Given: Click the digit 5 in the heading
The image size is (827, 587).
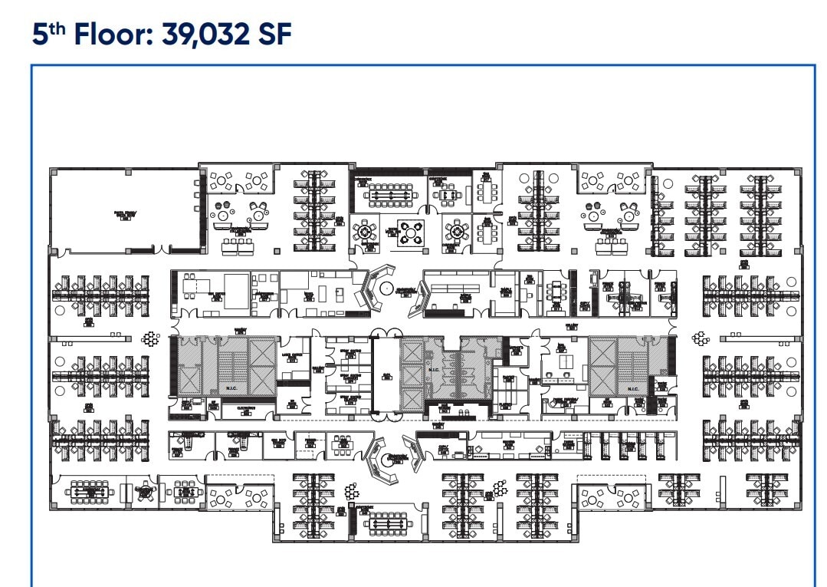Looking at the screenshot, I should pyautogui.click(x=41, y=36).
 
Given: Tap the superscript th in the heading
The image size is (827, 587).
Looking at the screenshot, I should pyautogui.click(x=55, y=28).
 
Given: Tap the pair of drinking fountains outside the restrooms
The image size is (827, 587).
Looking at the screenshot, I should pyautogui.click(x=462, y=413).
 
